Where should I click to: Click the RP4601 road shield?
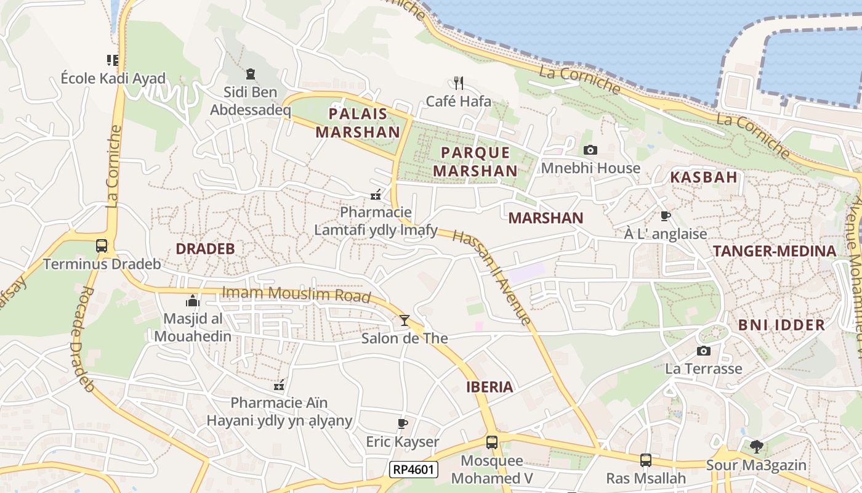click(x=414, y=470)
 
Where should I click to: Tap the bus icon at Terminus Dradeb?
click(x=102, y=246)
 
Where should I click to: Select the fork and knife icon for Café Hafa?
click(x=458, y=83)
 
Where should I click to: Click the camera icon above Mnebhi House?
click(x=590, y=150)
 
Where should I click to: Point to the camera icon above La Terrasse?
click(x=703, y=351)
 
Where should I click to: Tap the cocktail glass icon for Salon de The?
click(x=405, y=320)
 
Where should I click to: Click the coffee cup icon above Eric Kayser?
click(x=402, y=423)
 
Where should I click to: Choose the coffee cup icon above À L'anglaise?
click(x=665, y=216)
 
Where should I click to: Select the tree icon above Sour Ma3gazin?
click(x=757, y=446)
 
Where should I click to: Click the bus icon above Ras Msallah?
click(x=645, y=460)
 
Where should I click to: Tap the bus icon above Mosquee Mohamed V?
click(x=491, y=442)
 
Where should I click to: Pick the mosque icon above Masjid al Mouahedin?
click(x=193, y=301)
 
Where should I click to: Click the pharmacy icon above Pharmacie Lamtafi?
click(x=376, y=195)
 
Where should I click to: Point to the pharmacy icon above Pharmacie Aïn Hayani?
click(x=279, y=385)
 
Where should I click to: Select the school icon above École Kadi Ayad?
click(x=113, y=60)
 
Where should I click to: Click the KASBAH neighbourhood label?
click(x=703, y=177)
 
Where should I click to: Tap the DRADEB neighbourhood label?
click(x=205, y=249)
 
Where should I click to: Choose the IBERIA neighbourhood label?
click(x=489, y=387)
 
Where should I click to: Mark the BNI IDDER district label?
click(x=781, y=325)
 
